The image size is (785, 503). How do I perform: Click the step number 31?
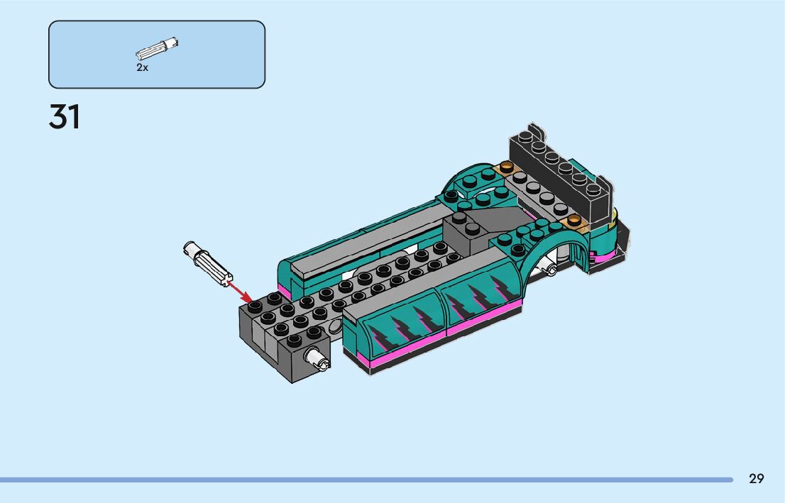[x=64, y=117]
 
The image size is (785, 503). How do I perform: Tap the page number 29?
[x=757, y=479]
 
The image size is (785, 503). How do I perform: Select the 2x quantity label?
[x=142, y=67]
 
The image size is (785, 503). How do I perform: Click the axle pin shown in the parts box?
[x=157, y=48]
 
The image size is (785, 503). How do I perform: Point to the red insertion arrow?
[x=239, y=292]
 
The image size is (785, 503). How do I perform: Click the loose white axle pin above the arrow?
[x=208, y=263]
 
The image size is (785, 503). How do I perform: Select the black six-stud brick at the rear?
[x=561, y=172]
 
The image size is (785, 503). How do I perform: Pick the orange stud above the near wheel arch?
[x=573, y=219]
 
